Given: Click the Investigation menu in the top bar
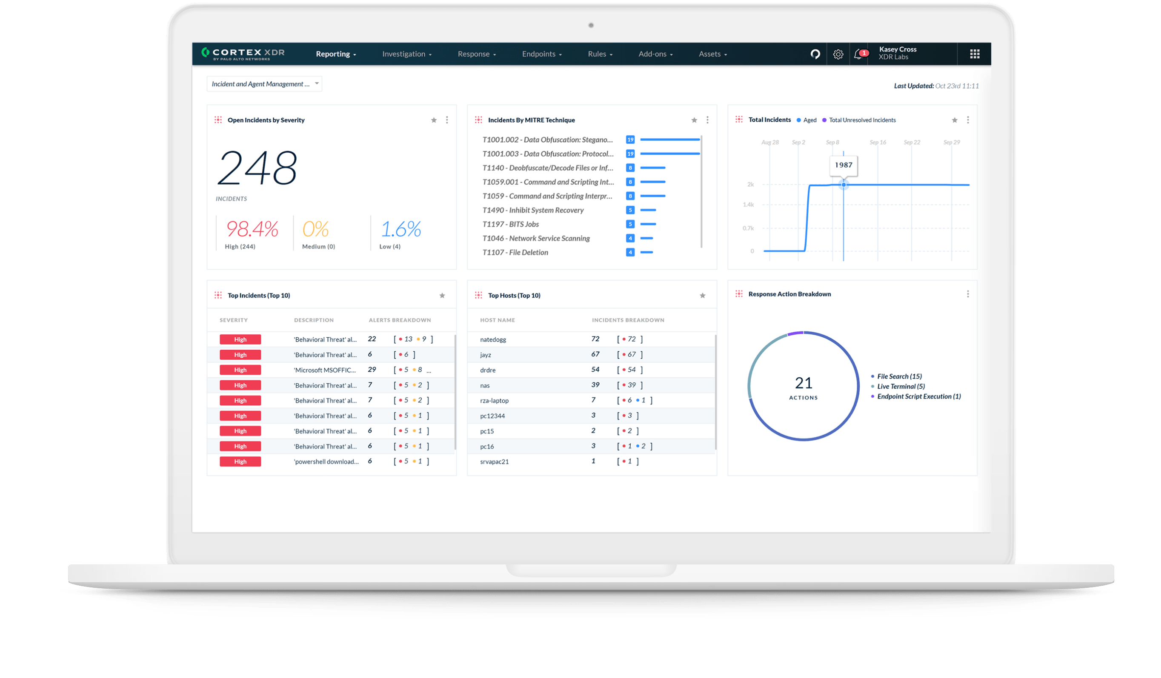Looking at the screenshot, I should [x=406, y=54].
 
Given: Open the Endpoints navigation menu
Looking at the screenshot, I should [x=541, y=54].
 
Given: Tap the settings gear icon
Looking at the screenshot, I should [x=838, y=54].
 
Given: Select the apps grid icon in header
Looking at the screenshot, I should [x=975, y=54].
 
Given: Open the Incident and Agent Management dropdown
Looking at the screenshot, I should [x=264, y=84].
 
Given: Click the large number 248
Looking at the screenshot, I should [x=257, y=168].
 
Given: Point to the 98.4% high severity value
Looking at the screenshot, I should [x=252, y=229].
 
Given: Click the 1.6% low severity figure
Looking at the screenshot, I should [x=401, y=229].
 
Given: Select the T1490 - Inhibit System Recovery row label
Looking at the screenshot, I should [x=532, y=210].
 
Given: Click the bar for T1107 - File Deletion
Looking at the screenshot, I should [x=646, y=252].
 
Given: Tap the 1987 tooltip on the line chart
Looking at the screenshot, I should [x=843, y=165].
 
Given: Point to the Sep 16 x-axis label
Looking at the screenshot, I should [x=877, y=142].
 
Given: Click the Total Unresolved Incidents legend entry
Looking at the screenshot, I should [x=862, y=120].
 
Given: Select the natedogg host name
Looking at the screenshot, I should [x=493, y=339].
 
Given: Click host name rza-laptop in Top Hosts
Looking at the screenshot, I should [x=495, y=401].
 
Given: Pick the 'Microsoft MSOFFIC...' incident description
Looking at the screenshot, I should [x=325, y=370].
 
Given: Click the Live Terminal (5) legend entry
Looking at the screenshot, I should [x=900, y=387].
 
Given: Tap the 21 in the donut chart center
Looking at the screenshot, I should [x=804, y=383].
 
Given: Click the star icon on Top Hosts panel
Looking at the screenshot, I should [x=703, y=296].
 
